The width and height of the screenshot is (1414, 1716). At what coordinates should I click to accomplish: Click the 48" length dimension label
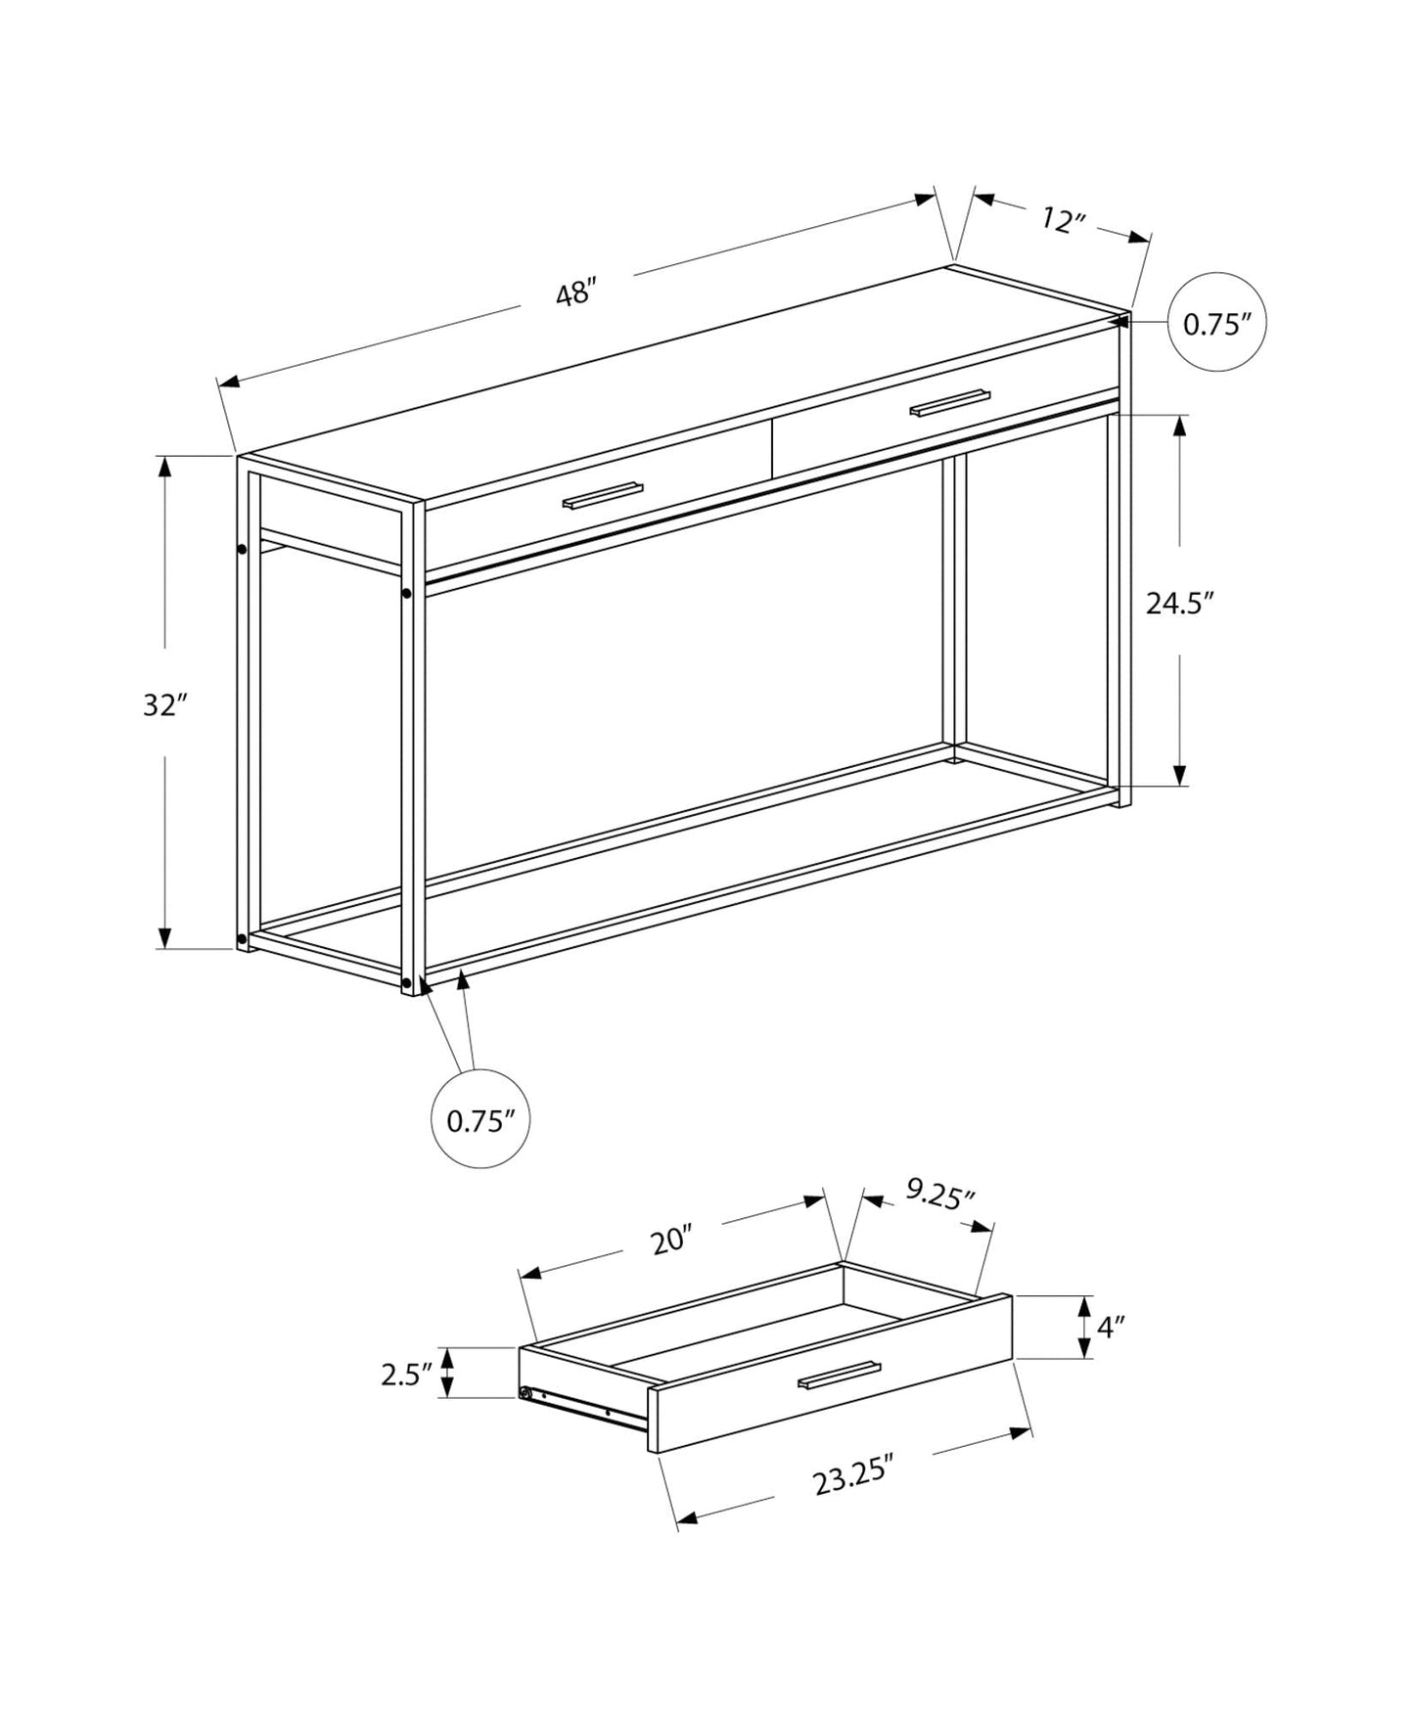coord(575,293)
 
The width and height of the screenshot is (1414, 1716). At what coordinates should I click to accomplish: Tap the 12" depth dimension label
coord(1064,220)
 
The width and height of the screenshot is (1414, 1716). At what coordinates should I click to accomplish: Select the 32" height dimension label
coord(164,704)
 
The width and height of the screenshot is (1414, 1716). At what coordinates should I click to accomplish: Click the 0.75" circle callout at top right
coord(1217,322)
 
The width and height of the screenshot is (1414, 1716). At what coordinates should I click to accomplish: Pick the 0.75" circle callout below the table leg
coord(480,1120)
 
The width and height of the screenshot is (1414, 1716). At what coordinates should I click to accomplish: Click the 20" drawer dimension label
coord(671,1241)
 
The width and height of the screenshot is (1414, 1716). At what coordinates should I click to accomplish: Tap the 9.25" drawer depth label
coord(939,1196)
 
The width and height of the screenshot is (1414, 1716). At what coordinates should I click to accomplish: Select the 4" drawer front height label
coord(1110,1327)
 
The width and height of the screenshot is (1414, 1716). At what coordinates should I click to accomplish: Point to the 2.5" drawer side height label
coord(407,1374)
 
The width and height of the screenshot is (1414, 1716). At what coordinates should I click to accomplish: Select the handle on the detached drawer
coord(838,1375)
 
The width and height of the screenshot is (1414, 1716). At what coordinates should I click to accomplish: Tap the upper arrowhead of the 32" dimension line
coord(165,467)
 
